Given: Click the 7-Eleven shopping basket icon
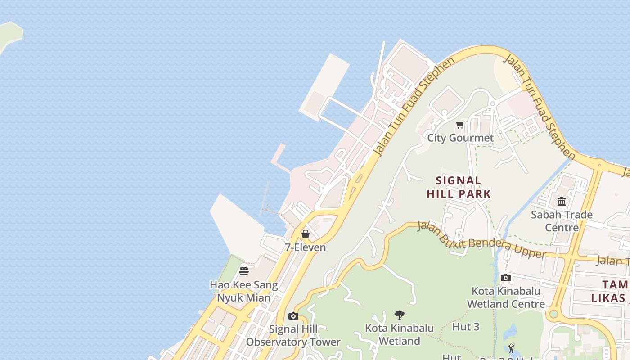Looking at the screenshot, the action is (x=306, y=234).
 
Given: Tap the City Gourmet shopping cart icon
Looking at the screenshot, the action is (x=460, y=125).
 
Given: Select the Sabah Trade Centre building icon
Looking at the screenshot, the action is (x=562, y=202).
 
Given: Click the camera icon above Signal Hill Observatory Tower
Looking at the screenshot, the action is (x=293, y=316).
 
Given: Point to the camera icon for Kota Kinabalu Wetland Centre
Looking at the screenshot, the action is (x=506, y=278).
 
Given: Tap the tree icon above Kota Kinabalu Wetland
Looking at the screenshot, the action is (x=399, y=315).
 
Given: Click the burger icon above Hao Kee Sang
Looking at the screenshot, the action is (x=244, y=271).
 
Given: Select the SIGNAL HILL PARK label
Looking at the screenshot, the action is (x=459, y=187).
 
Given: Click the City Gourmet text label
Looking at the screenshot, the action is (x=460, y=138).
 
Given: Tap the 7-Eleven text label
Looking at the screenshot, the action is (x=306, y=247).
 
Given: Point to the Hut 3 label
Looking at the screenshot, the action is (x=466, y=327).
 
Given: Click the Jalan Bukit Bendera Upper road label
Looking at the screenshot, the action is (x=481, y=239).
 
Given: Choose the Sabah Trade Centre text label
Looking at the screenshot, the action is (x=562, y=221).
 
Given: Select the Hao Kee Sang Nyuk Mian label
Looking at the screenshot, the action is (x=244, y=291).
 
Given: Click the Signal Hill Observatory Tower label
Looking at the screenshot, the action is (x=293, y=336).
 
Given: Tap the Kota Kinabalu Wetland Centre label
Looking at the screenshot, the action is (x=506, y=297).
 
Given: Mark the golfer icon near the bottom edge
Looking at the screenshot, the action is (x=511, y=348).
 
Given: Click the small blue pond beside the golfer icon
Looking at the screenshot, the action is (x=511, y=333).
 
